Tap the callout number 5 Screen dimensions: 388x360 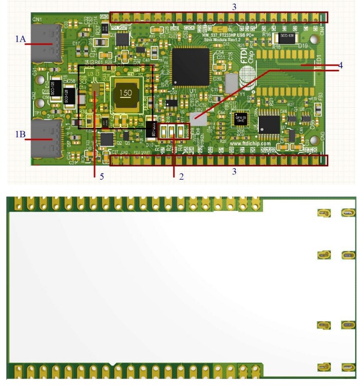click(102, 176)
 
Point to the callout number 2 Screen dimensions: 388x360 click(181, 176)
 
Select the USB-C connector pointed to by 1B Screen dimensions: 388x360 click(45, 139)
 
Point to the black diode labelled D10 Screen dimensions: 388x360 click(151, 129)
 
